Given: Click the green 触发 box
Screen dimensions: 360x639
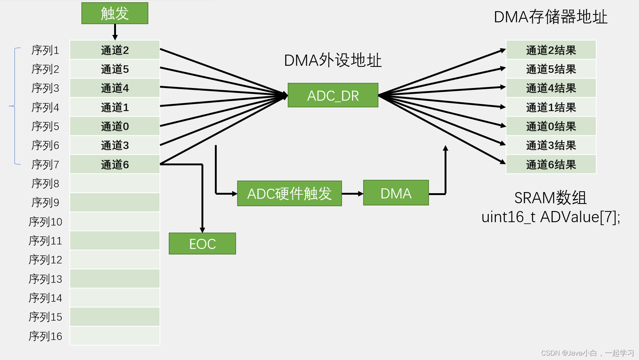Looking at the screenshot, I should [114, 13].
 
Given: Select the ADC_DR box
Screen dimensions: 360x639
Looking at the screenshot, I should [333, 95].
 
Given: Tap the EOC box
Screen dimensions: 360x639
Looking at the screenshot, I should [202, 244].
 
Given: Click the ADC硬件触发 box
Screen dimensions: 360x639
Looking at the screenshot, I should [289, 194].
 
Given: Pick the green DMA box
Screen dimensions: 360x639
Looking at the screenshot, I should [396, 193].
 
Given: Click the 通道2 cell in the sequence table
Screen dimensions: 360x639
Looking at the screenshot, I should [114, 50].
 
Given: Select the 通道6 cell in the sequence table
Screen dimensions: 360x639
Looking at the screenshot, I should [114, 165].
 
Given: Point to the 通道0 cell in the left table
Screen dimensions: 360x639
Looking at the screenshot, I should [114, 126].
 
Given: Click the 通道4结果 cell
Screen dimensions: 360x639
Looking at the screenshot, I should [551, 88].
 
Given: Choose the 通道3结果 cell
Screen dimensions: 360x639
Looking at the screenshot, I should [551, 145].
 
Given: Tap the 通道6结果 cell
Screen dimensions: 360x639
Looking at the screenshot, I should [551, 165].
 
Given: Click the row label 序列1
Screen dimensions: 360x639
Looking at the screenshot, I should [45, 50].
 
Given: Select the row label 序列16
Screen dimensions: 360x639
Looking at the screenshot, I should [45, 336].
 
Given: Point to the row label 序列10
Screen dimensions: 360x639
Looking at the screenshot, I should [45, 222].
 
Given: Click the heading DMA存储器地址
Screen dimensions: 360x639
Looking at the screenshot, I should [551, 17].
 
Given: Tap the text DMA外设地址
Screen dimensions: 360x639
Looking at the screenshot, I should [333, 60].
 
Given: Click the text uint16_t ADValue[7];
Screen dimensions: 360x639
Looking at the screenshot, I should [551, 217].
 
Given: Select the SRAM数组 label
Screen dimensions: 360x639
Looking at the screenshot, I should [551, 198].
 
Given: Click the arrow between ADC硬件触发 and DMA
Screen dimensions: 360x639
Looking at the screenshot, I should [352, 194].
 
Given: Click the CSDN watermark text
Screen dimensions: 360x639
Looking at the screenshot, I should [587, 353].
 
